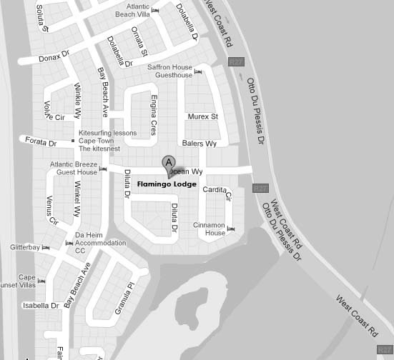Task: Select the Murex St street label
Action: coord(202,116)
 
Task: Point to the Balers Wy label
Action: coord(199,144)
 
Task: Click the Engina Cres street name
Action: coord(153,116)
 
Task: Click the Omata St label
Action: coord(139,42)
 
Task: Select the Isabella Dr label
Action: coord(40,306)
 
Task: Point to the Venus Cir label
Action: coord(51,210)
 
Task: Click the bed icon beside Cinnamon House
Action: coord(231,229)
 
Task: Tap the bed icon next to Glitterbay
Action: coord(46,247)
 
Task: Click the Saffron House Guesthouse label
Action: coord(169,71)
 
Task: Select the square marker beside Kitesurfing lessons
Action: coord(73,141)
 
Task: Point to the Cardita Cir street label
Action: coord(217,191)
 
